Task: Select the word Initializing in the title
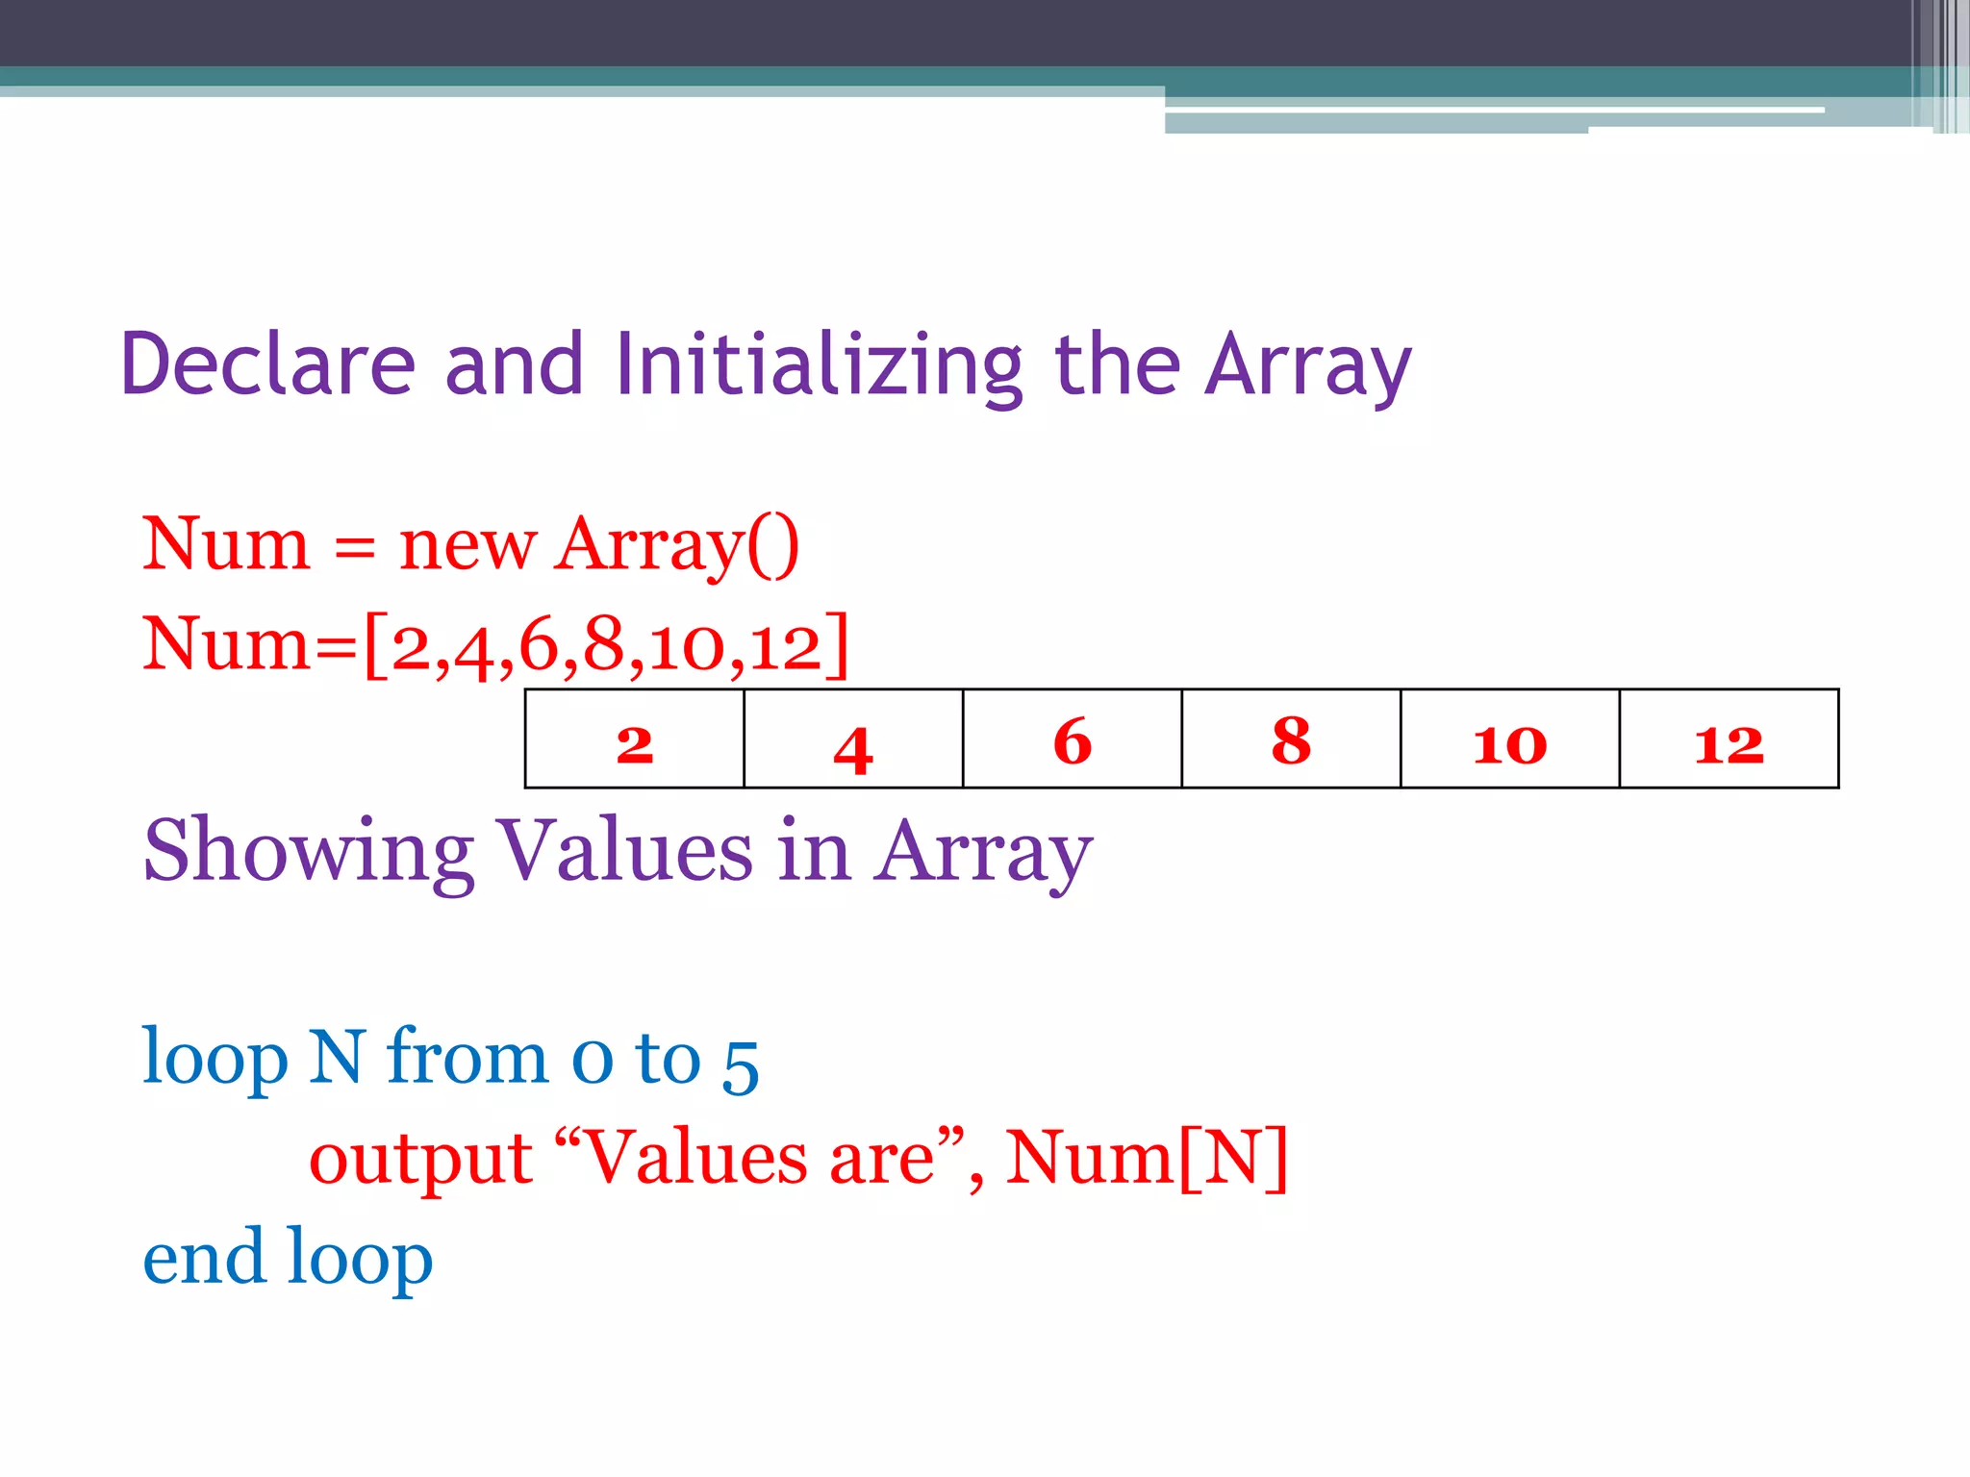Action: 819,365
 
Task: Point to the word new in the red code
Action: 467,545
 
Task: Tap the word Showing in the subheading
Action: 308,851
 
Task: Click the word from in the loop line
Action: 467,1058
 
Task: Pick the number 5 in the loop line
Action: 741,1064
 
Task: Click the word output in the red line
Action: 420,1159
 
